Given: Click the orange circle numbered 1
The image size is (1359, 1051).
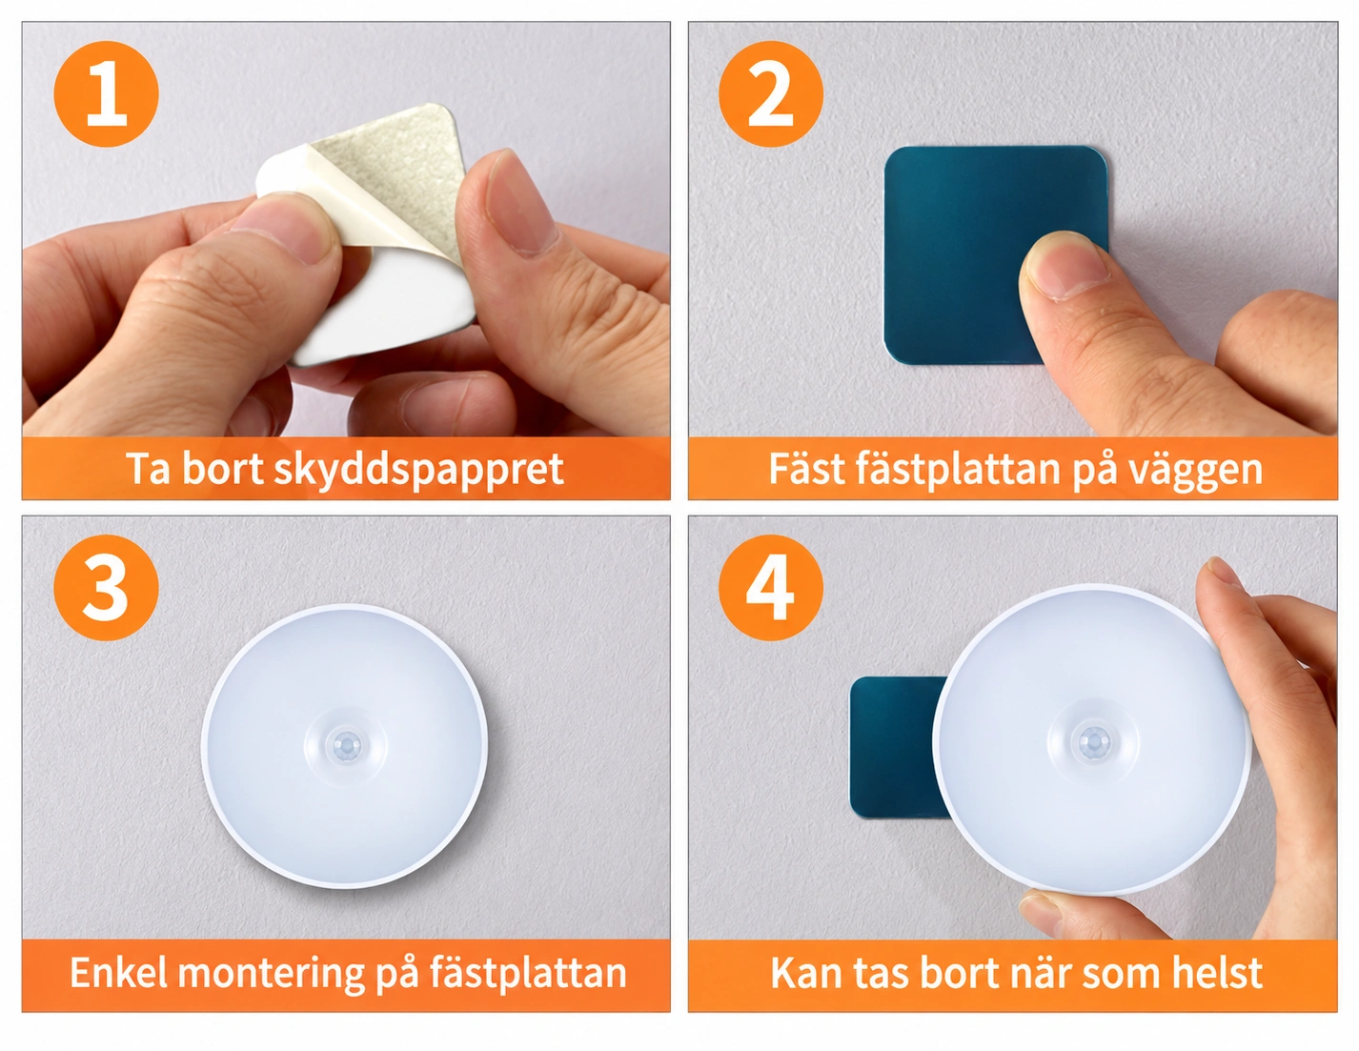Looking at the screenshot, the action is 106,93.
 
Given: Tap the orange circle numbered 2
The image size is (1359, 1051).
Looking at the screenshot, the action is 770,93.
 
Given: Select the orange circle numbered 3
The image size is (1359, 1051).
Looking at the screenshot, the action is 106,587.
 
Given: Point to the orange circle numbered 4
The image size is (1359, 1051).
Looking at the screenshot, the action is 770,587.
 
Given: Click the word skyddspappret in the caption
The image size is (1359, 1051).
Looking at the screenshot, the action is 419,470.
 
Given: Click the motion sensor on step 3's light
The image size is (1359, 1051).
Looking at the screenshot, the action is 345,745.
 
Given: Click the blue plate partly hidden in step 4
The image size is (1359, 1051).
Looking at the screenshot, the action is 898,747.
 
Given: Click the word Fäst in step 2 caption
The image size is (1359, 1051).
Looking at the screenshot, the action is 806,468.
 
